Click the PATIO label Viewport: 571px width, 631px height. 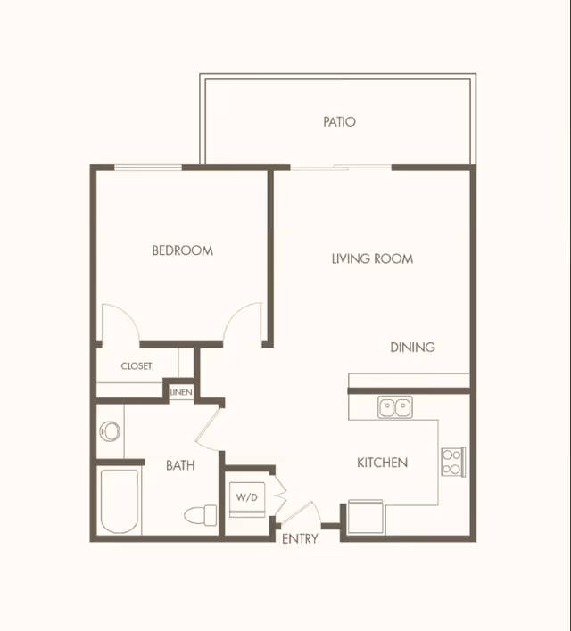tap(339, 121)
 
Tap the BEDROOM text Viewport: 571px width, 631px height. tap(183, 250)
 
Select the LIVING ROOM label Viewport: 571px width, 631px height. tap(372, 258)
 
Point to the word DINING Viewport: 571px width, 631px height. tap(412, 347)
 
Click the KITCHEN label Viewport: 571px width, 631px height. tap(383, 463)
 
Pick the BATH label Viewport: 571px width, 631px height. tap(180, 465)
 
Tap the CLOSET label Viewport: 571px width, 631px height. tap(137, 365)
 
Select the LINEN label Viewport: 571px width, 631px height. tap(181, 392)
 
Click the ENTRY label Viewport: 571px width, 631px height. tap(300, 538)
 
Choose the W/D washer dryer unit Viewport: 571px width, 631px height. tap(247, 499)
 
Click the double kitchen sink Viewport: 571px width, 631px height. tap(395, 406)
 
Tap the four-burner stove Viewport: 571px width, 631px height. tap(453, 462)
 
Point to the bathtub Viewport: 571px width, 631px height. tap(120, 502)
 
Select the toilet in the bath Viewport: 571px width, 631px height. tap(200, 515)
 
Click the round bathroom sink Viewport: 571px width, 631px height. tap(110, 431)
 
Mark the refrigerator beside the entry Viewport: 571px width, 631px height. tap(365, 516)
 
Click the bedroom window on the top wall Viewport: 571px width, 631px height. tap(148, 168)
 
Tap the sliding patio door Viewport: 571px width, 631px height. tap(341, 168)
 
